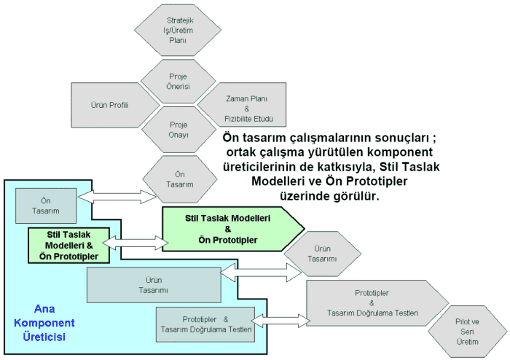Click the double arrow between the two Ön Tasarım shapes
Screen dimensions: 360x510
[x=118, y=196]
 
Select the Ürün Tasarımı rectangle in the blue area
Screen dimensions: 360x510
[x=153, y=285]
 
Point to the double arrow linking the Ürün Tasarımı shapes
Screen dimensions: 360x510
[x=263, y=272]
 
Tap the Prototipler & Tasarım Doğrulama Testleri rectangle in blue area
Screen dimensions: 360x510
[x=205, y=324]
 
